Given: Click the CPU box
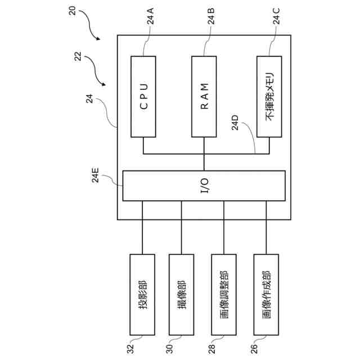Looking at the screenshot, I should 143,96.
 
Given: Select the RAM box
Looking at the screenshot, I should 204,96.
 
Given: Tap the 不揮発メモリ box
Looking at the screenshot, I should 269,96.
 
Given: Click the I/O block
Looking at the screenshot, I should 204,186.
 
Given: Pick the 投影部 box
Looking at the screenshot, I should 142,294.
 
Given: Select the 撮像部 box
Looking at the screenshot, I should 181,294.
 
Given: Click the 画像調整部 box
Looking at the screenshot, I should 224,294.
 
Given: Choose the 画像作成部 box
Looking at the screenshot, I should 267,294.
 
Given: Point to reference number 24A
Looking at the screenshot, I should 151,21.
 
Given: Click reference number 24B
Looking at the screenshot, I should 211,21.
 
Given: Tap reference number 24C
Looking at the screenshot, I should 276,21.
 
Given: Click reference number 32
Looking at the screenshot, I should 130,348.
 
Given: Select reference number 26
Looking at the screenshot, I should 255,348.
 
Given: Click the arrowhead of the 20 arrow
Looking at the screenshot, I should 98,38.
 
